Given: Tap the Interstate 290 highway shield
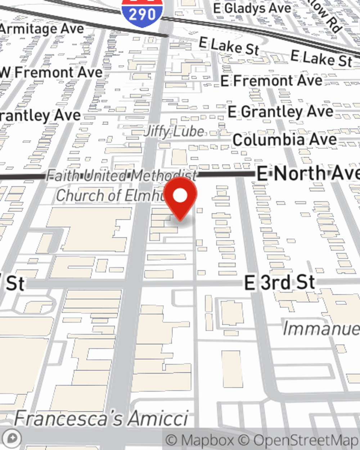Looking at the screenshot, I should click(142, 13).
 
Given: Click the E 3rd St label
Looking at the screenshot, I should click(279, 283).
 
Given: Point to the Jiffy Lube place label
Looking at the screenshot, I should click(174, 131).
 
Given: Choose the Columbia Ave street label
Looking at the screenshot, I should click(284, 140).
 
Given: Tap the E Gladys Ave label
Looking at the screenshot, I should click(252, 8).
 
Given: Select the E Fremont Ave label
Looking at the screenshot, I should click(271, 81).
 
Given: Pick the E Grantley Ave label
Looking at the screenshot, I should click(280, 112).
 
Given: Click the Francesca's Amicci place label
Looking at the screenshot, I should click(101, 418).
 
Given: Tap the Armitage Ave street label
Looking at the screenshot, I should click(42, 29).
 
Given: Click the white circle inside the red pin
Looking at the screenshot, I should click(180, 196).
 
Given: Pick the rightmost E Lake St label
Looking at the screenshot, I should click(321, 59).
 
